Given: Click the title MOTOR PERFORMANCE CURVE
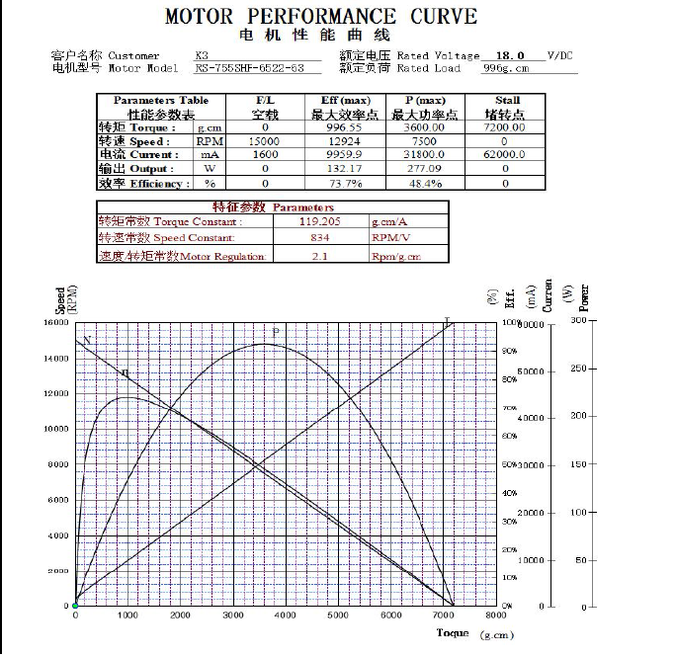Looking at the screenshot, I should click(x=320, y=17).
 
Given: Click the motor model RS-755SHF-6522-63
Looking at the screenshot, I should click(x=257, y=68).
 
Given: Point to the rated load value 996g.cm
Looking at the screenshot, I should click(x=505, y=68).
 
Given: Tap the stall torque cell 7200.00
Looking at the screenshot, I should click(x=507, y=127).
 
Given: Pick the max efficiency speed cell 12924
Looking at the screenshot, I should click(x=345, y=141).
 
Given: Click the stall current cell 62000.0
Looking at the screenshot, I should click(x=507, y=155).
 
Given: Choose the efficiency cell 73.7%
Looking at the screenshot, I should click(x=345, y=183).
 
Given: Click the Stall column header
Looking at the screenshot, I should click(x=507, y=100).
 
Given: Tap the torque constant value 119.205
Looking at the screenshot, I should click(x=319, y=221).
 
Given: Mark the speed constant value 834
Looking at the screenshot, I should click(x=319, y=238).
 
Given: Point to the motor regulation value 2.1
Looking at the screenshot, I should click(x=319, y=256).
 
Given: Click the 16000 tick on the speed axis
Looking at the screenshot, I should click(x=55, y=323).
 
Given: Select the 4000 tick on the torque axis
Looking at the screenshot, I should click(x=287, y=616).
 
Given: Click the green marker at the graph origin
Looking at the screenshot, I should click(x=75, y=606).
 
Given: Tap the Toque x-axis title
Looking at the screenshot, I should click(x=453, y=632).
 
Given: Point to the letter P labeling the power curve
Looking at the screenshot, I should click(x=276, y=331).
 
